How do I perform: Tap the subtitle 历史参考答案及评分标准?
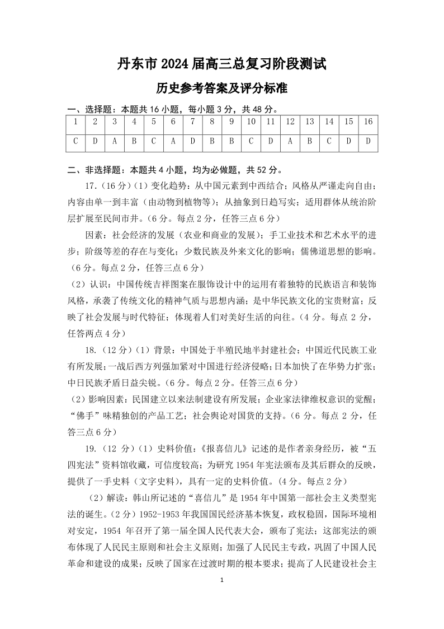(x=222, y=88)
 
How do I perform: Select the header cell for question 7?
(x=192, y=122)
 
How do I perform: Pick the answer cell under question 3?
(x=115, y=141)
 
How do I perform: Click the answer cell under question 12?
(x=290, y=141)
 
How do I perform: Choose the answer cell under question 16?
(x=368, y=141)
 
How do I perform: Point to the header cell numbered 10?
(x=251, y=122)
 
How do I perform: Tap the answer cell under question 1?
(x=75, y=141)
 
